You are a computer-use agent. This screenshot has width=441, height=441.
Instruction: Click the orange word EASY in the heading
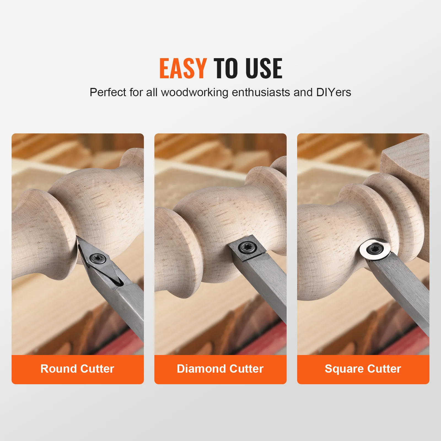(183, 69)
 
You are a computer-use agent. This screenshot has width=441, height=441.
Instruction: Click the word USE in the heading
(264, 69)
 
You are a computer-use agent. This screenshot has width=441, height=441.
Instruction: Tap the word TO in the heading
(225, 69)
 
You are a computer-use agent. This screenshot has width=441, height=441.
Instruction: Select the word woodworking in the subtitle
(195, 92)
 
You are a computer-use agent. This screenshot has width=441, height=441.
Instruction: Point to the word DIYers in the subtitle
(334, 92)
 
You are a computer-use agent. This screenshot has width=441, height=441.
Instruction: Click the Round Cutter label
(77, 369)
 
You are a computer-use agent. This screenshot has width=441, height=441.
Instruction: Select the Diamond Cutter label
(220, 369)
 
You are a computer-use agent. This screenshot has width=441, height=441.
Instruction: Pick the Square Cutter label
(363, 369)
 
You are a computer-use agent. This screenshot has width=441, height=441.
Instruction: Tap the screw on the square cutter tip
(244, 247)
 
